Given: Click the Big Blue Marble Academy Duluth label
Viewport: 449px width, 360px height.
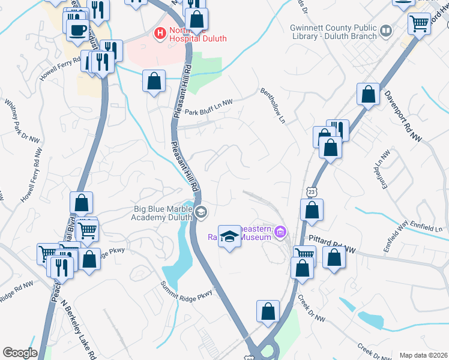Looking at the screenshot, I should point(162,214).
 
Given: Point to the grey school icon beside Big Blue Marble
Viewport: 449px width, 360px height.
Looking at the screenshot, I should point(200,211).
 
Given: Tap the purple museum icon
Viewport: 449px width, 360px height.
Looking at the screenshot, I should point(279,232).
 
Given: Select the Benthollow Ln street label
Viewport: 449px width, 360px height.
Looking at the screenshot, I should point(273,106).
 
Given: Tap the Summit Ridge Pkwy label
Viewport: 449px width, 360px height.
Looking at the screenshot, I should point(187,292).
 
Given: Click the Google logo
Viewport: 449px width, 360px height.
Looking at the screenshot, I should point(20,352).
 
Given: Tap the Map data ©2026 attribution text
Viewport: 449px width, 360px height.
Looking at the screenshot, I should point(423,355).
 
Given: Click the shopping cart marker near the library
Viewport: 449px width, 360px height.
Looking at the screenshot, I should point(419,23).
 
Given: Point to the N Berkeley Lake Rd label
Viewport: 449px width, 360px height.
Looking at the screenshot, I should point(79,328).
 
